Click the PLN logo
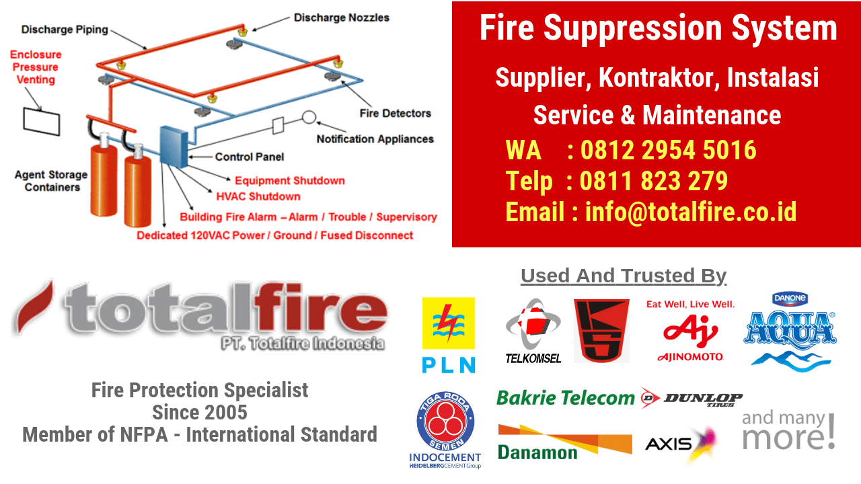448,335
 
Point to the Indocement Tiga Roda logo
445,429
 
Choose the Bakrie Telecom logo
565,398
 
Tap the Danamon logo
564,442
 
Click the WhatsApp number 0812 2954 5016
668,150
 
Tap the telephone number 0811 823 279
653,181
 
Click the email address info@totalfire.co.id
691,212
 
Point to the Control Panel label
249,157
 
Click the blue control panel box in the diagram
173,146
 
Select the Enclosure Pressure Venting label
36,67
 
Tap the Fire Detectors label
395,113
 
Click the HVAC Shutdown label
258,196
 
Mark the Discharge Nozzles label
341,17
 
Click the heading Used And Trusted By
623,276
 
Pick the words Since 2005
200,411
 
